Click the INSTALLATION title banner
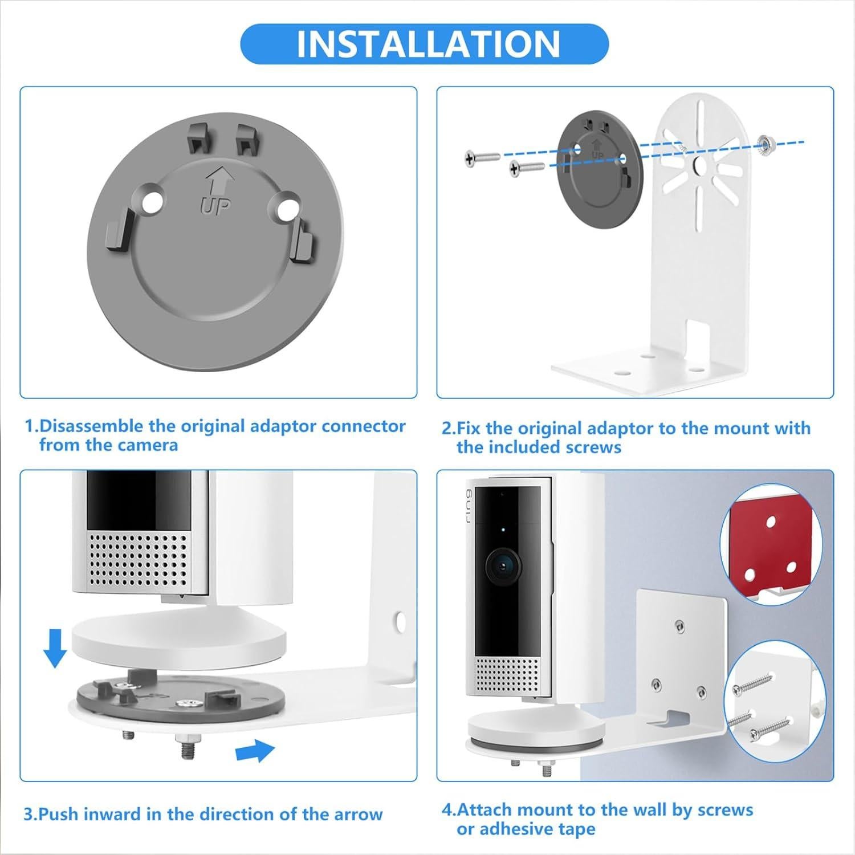tap(424, 44)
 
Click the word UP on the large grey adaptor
tap(215, 206)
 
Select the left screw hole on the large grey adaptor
tap(152, 205)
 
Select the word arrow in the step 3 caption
tap(353, 814)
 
